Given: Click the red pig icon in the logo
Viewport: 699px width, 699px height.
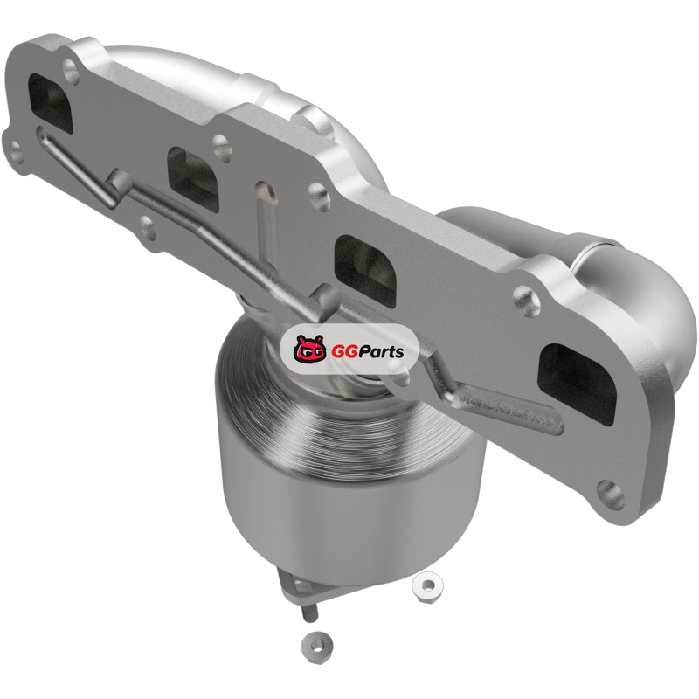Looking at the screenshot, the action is point(308,349).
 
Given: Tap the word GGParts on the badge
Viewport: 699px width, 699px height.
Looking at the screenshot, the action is point(367,352).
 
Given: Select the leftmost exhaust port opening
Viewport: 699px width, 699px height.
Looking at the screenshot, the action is point(50,103).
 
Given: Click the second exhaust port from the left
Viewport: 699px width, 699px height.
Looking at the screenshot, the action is point(193,179).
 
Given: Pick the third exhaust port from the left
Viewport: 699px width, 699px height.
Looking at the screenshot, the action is point(365,271).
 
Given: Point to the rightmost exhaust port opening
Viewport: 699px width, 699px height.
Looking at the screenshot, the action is point(578,385).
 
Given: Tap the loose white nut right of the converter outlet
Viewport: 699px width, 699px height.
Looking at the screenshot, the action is point(426,585).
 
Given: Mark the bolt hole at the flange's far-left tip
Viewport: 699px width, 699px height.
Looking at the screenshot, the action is point(16,150).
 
